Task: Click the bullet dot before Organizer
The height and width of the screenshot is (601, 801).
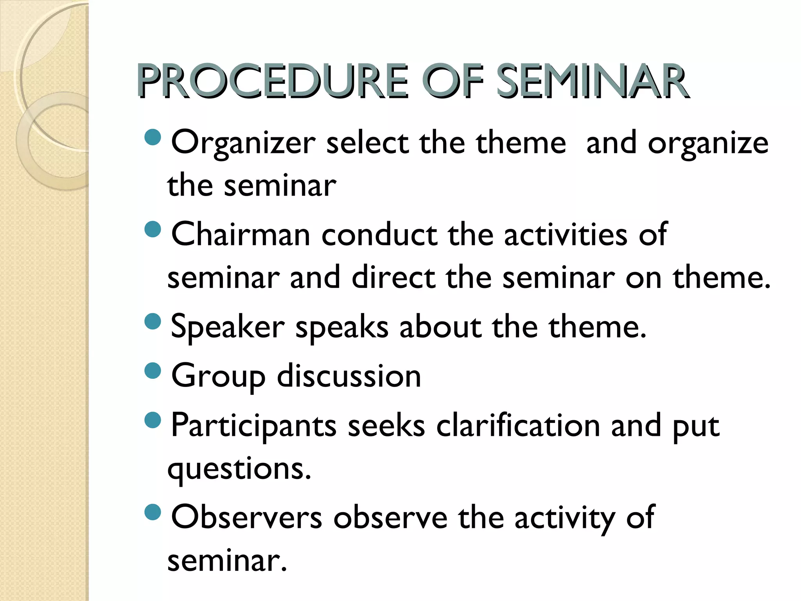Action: click(153, 137)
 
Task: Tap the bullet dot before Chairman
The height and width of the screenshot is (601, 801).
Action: click(153, 229)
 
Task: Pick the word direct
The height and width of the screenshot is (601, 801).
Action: click(393, 277)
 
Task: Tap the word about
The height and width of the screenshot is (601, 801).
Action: click(440, 327)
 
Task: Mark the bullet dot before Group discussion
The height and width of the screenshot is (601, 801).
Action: click(153, 371)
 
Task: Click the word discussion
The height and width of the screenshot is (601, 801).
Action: click(349, 376)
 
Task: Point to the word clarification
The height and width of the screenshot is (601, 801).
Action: click(518, 425)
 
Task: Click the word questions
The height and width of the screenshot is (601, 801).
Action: click(239, 469)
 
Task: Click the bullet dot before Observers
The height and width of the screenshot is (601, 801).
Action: click(153, 512)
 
